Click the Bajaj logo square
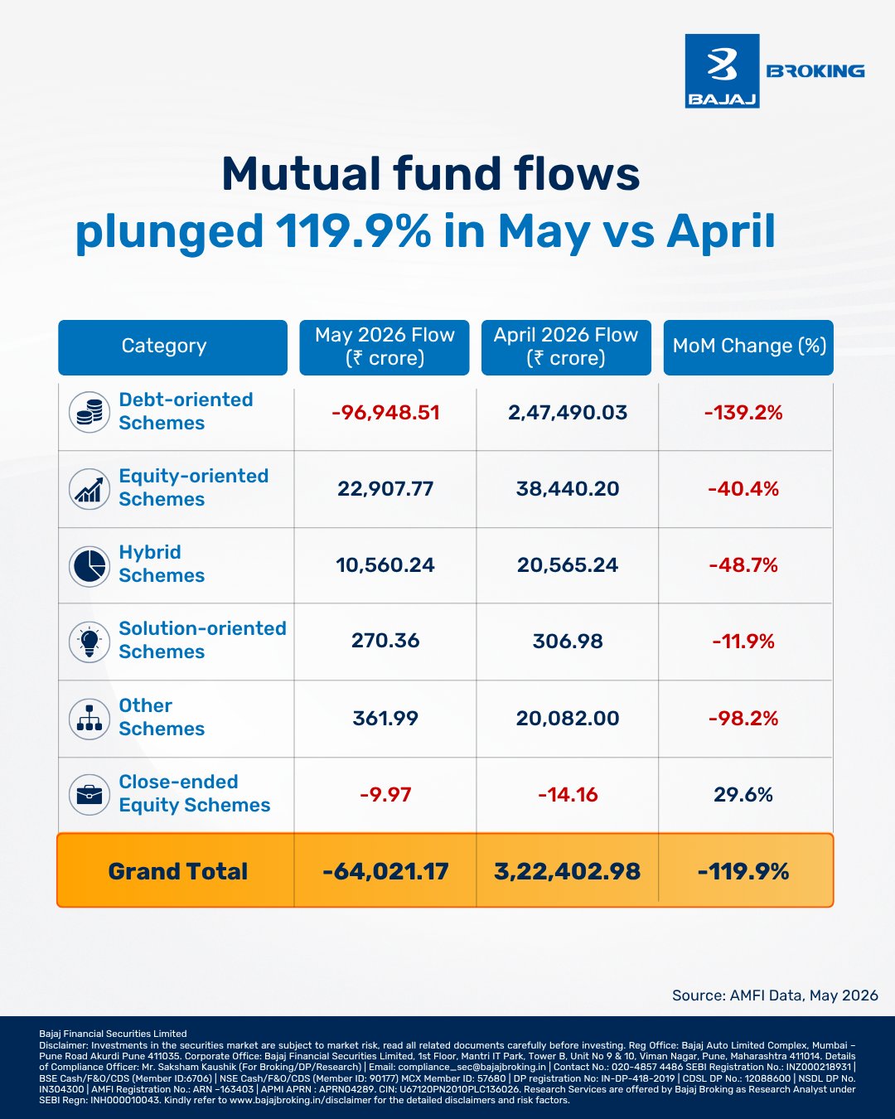pos(722,71)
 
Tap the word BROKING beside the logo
pos(815,71)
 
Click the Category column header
pos(172,347)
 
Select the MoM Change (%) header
pos(748,347)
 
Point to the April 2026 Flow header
pos(566,347)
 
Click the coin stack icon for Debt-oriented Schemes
pos(89,412)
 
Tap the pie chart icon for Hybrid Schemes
pos(89,566)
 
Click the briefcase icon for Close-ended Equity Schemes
pos(89,795)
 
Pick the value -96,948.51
pos(385,413)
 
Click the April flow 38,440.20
pos(568,489)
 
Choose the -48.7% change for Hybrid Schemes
pos(743,565)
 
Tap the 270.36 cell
pos(385,641)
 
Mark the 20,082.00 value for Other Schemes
pos(568,718)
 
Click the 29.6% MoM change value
pos(743,795)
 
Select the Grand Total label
pos(178,871)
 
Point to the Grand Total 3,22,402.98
pos(568,871)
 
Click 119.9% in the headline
pos(353,231)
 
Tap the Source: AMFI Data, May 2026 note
pos(775,995)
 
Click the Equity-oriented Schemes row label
pos(193,487)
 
